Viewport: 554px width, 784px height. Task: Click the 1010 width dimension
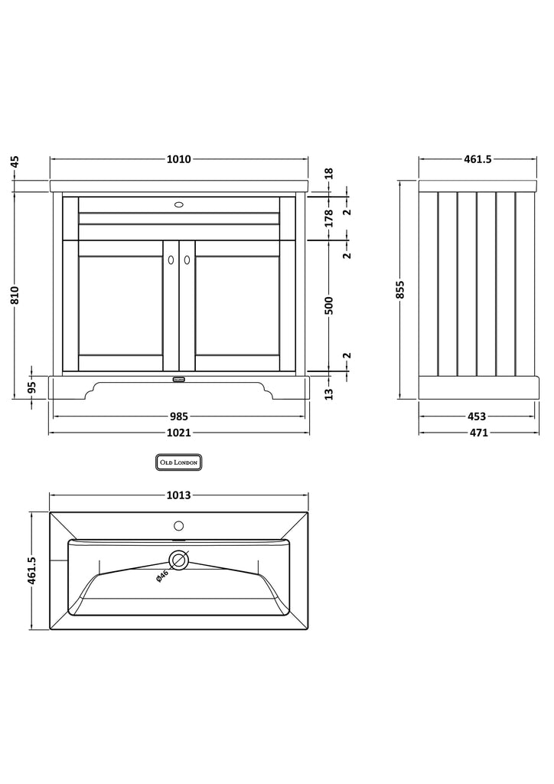pos(178,159)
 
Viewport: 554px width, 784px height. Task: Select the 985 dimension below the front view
pos(178,416)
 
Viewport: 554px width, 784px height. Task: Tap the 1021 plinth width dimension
pos(178,433)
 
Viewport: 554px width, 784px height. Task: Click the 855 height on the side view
pos(400,289)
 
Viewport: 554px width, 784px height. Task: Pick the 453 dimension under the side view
pos(476,416)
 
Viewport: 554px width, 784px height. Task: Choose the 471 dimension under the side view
pos(476,433)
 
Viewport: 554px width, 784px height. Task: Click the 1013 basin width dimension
pos(178,495)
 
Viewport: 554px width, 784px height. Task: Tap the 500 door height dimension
pos(329,305)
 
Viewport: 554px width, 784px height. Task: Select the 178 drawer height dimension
pos(329,218)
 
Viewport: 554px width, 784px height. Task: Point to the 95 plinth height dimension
pos(31,387)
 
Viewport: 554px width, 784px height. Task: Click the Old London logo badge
pos(178,462)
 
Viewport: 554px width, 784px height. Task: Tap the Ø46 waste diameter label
pos(162,577)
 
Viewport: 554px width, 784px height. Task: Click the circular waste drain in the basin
pos(179,560)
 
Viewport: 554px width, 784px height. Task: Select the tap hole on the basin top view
pos(179,526)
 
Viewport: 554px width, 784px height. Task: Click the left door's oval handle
pos(171,260)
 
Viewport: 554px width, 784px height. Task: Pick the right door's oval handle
pos(187,260)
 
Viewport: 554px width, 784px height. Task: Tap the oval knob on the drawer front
pos(179,205)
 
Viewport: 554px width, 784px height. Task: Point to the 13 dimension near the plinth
pos(329,394)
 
